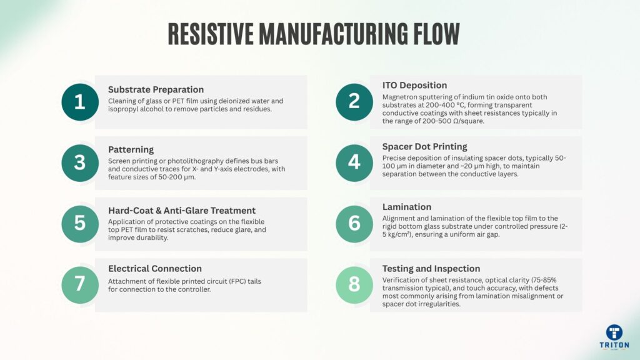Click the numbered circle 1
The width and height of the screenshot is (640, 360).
(79, 102)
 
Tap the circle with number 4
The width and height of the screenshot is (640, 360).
(354, 162)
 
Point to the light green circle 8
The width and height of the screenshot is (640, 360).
(354, 284)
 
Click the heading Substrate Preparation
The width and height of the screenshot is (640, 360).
(156, 89)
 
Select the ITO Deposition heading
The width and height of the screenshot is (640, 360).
(414, 85)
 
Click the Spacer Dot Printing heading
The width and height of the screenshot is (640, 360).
(424, 146)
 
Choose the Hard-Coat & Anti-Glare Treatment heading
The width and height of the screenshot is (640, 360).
(182, 211)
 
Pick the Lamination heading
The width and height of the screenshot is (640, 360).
(406, 207)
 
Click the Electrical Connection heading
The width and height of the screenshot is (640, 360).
(155, 269)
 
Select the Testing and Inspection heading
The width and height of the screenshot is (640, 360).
(431, 268)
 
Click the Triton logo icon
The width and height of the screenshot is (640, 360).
(614, 332)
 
